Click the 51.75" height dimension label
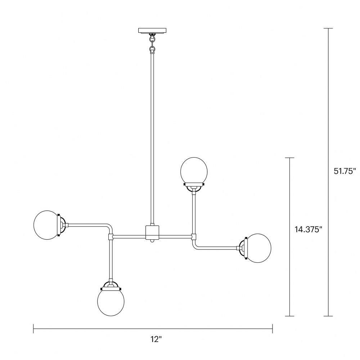tap(345, 171)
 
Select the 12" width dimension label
tap(156, 339)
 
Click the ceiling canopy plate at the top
tap(152, 31)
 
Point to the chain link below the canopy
tap(152, 44)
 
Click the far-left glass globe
tap(45, 225)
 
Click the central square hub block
tap(152, 232)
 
